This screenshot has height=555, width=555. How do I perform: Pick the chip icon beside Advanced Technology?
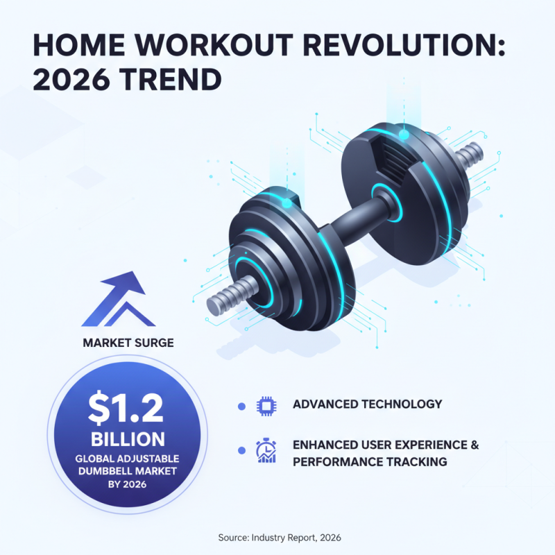click(266, 405)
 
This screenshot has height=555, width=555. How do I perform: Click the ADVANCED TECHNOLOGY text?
click(367, 404)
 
